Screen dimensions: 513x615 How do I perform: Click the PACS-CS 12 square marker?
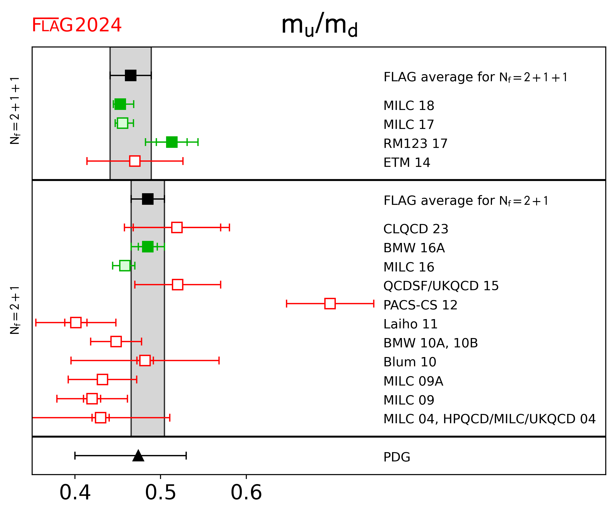point(330,304)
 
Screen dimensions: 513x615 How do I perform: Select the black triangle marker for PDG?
point(138,456)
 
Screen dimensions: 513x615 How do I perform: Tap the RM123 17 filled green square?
point(172,142)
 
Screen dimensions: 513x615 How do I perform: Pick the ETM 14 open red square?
point(135,161)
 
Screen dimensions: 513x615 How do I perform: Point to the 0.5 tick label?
point(161,493)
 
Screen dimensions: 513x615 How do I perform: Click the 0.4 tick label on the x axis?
point(75,493)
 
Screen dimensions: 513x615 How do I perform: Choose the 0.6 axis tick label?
point(246,493)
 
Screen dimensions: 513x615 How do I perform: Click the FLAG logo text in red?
point(52,25)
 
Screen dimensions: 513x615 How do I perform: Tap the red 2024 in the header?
point(98,25)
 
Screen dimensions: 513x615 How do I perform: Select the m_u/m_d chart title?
point(319,25)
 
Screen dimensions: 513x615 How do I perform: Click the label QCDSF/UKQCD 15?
point(441,286)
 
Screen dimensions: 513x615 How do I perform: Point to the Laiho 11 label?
point(410,324)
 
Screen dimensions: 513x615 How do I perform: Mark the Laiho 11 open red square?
point(76,322)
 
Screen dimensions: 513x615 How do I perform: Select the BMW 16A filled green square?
point(148,247)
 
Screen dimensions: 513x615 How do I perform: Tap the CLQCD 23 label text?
point(416,229)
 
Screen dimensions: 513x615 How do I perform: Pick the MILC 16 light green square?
point(125,265)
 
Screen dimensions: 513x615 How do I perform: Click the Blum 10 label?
point(410,362)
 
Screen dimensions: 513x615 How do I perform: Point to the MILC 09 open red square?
point(92,399)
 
